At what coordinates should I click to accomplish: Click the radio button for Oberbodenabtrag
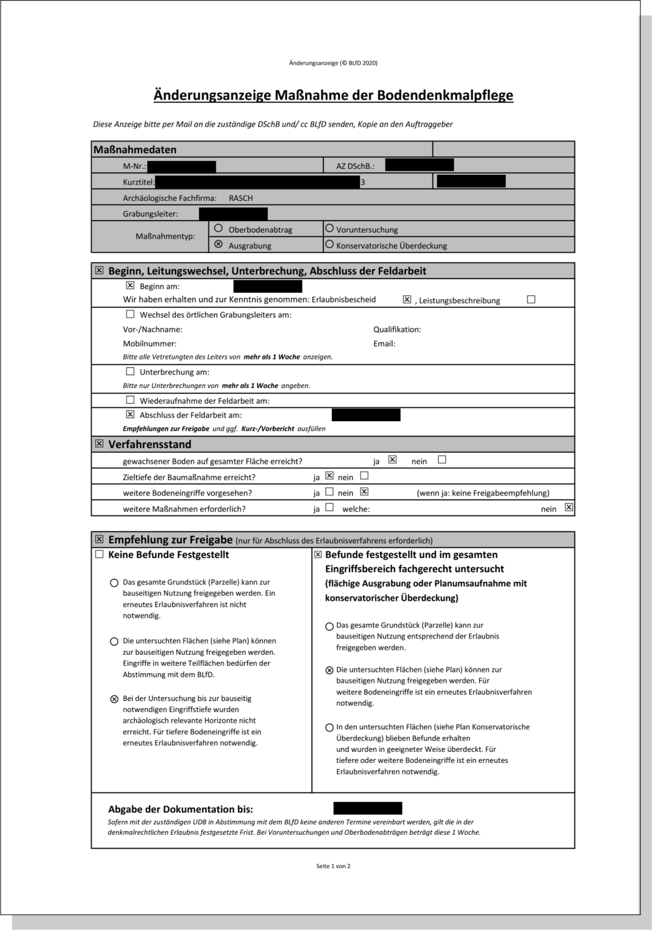click(x=218, y=228)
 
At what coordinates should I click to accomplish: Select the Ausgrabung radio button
click(x=218, y=245)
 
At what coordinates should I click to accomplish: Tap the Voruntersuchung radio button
click(x=329, y=228)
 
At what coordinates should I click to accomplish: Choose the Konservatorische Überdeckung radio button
click(x=329, y=245)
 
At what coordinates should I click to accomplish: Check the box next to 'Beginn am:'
click(x=130, y=286)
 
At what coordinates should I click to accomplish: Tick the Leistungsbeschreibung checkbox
click(x=531, y=299)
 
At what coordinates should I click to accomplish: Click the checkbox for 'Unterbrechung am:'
click(x=130, y=371)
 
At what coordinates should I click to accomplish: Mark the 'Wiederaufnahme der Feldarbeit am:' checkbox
click(x=130, y=400)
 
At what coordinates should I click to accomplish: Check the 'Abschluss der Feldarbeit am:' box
click(x=130, y=414)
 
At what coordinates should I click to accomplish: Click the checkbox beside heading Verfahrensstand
click(x=99, y=443)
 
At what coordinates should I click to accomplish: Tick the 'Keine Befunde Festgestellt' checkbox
click(x=99, y=554)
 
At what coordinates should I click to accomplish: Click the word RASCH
click(x=241, y=198)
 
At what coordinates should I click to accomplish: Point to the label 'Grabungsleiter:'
click(x=150, y=214)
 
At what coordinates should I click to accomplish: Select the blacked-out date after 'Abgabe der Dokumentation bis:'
click(x=368, y=809)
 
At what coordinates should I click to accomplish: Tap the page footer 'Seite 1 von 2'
click(x=333, y=866)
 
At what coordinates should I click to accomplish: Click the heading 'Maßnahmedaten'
click(x=135, y=150)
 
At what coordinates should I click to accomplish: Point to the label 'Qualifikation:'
click(x=397, y=329)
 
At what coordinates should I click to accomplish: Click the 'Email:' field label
click(x=384, y=344)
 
